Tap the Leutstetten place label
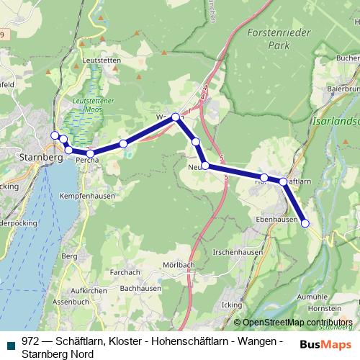(102, 61)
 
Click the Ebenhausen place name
(276, 220)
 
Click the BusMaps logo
(321, 343)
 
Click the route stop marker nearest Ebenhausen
(305, 223)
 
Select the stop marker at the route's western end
(54, 135)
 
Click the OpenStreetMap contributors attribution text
(296, 322)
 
